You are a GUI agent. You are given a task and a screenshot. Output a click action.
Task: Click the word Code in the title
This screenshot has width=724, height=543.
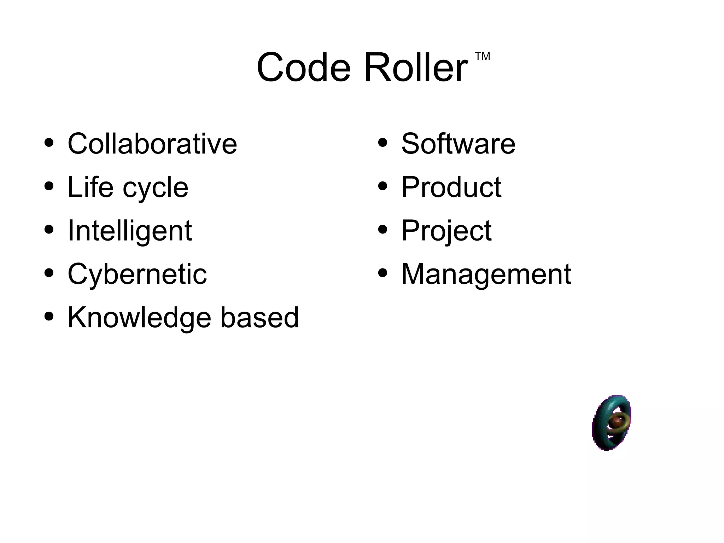pyautogui.click(x=303, y=67)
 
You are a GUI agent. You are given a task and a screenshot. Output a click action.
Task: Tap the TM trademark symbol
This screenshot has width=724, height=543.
pyautogui.click(x=482, y=57)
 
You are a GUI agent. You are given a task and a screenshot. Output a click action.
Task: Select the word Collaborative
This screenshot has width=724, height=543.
pyautogui.click(x=152, y=143)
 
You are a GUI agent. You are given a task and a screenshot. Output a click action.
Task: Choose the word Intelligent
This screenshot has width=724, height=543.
pyautogui.click(x=129, y=231)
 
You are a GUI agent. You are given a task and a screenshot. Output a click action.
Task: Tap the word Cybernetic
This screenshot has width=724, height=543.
pyautogui.click(x=137, y=274)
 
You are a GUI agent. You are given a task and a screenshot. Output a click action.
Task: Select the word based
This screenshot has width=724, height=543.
pyautogui.click(x=259, y=317)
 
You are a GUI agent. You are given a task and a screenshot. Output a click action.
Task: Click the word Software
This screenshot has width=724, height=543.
pyautogui.click(x=458, y=143)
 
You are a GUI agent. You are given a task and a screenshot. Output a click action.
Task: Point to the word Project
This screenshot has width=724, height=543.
pyautogui.click(x=446, y=231)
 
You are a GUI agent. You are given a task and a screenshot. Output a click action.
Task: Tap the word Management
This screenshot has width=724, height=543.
pyautogui.click(x=486, y=274)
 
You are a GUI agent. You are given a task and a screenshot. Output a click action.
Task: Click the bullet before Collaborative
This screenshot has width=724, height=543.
pyautogui.click(x=49, y=143)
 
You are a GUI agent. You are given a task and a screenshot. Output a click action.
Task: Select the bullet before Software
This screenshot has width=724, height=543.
pyautogui.click(x=383, y=143)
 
